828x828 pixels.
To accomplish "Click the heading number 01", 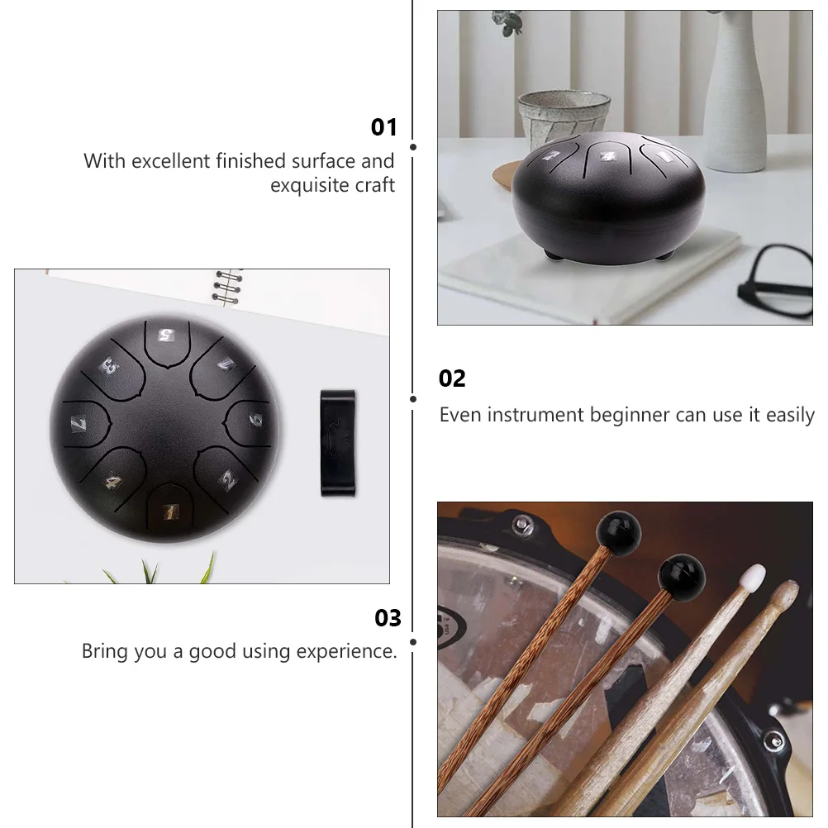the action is click(383, 127).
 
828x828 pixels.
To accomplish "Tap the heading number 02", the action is click(452, 378).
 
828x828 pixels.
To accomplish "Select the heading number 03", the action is click(388, 618).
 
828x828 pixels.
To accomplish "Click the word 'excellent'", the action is click(170, 161).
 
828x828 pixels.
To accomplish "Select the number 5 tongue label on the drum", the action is click(166, 335).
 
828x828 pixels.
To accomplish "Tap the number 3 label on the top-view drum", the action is click(110, 366).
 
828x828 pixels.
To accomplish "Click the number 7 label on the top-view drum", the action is click(79, 424).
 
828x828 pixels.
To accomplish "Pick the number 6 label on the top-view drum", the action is click(255, 420).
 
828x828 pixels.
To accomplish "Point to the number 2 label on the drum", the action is click(229, 480).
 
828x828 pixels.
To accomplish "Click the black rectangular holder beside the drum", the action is click(338, 444).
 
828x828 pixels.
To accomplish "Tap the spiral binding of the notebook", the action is click(228, 288).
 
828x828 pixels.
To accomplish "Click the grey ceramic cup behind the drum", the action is click(564, 118).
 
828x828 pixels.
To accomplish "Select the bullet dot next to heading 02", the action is click(413, 399).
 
